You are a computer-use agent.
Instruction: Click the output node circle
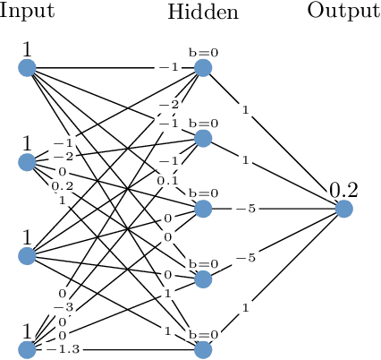point(344,209)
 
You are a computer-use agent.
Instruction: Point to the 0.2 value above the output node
point(343,190)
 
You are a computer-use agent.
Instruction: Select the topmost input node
point(27,67)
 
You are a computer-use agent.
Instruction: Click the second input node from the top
point(27,161)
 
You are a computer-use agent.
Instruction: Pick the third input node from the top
point(27,256)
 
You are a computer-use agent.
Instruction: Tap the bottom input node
point(27,350)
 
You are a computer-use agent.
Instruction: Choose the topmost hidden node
point(203,67)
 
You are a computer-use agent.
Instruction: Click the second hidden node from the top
point(203,138)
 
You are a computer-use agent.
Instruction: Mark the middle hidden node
point(203,209)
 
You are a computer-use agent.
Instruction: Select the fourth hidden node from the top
point(203,279)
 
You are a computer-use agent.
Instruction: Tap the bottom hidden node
point(203,350)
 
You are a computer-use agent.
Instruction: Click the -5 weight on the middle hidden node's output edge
point(246,209)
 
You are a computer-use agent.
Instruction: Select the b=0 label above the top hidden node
point(203,52)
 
